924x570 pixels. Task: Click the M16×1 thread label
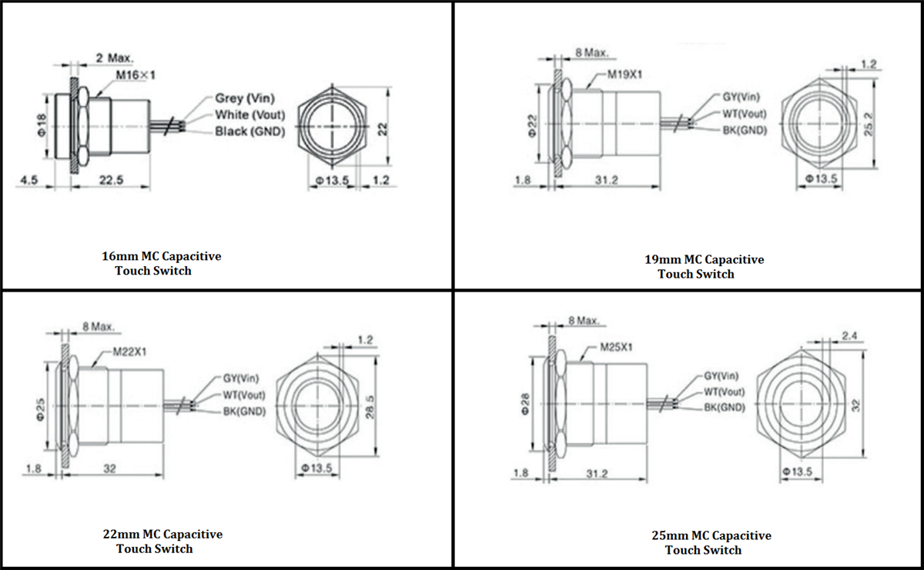tap(136, 75)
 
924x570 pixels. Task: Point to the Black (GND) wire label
tap(249, 132)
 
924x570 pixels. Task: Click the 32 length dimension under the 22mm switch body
tap(109, 468)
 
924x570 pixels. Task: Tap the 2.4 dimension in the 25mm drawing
tap(849, 335)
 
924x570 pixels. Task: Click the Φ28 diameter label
tap(525, 402)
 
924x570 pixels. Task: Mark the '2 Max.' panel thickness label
tap(115, 58)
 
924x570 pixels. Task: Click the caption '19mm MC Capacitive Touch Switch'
tap(704, 266)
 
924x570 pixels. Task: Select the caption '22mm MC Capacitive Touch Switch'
tap(162, 541)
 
